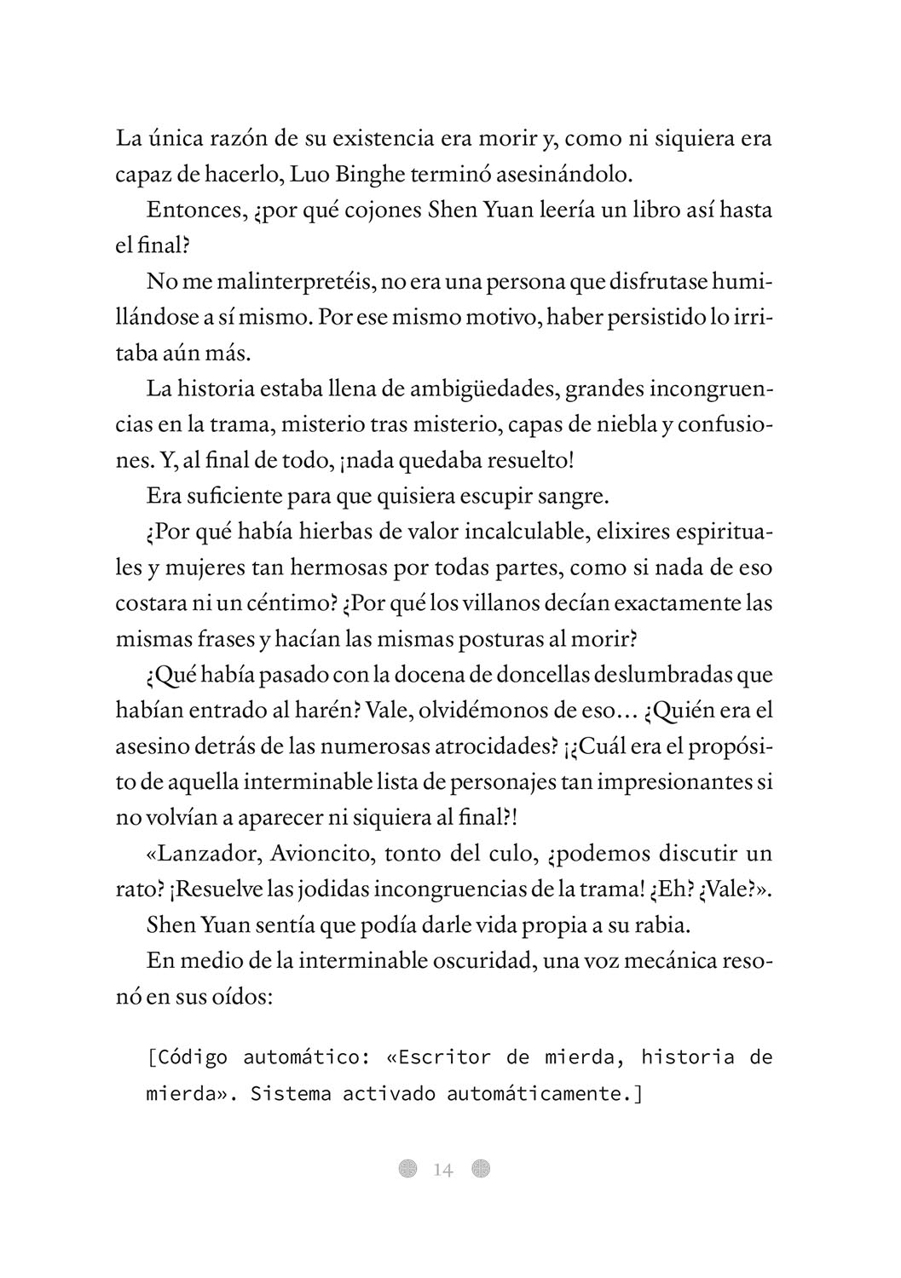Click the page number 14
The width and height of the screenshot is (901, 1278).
click(x=443, y=1170)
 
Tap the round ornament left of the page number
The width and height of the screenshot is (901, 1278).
click(x=408, y=1169)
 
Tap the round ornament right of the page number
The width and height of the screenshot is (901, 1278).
click(x=481, y=1169)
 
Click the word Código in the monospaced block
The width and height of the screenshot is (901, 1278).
click(x=190, y=1057)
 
